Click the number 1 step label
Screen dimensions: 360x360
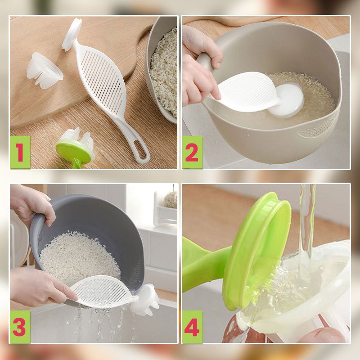(20, 152)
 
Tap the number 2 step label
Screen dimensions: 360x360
(193, 152)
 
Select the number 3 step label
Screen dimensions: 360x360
(20, 327)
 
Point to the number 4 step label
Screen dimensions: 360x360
(193, 327)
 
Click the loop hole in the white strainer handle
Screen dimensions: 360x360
(141, 150)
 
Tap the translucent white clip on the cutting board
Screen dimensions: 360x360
(45, 71)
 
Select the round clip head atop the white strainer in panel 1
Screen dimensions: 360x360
(72, 35)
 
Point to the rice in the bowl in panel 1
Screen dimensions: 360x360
(165, 71)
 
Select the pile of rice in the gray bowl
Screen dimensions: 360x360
(79, 258)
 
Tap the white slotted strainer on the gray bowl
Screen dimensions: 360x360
(103, 292)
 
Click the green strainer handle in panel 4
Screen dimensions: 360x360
(204, 264)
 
